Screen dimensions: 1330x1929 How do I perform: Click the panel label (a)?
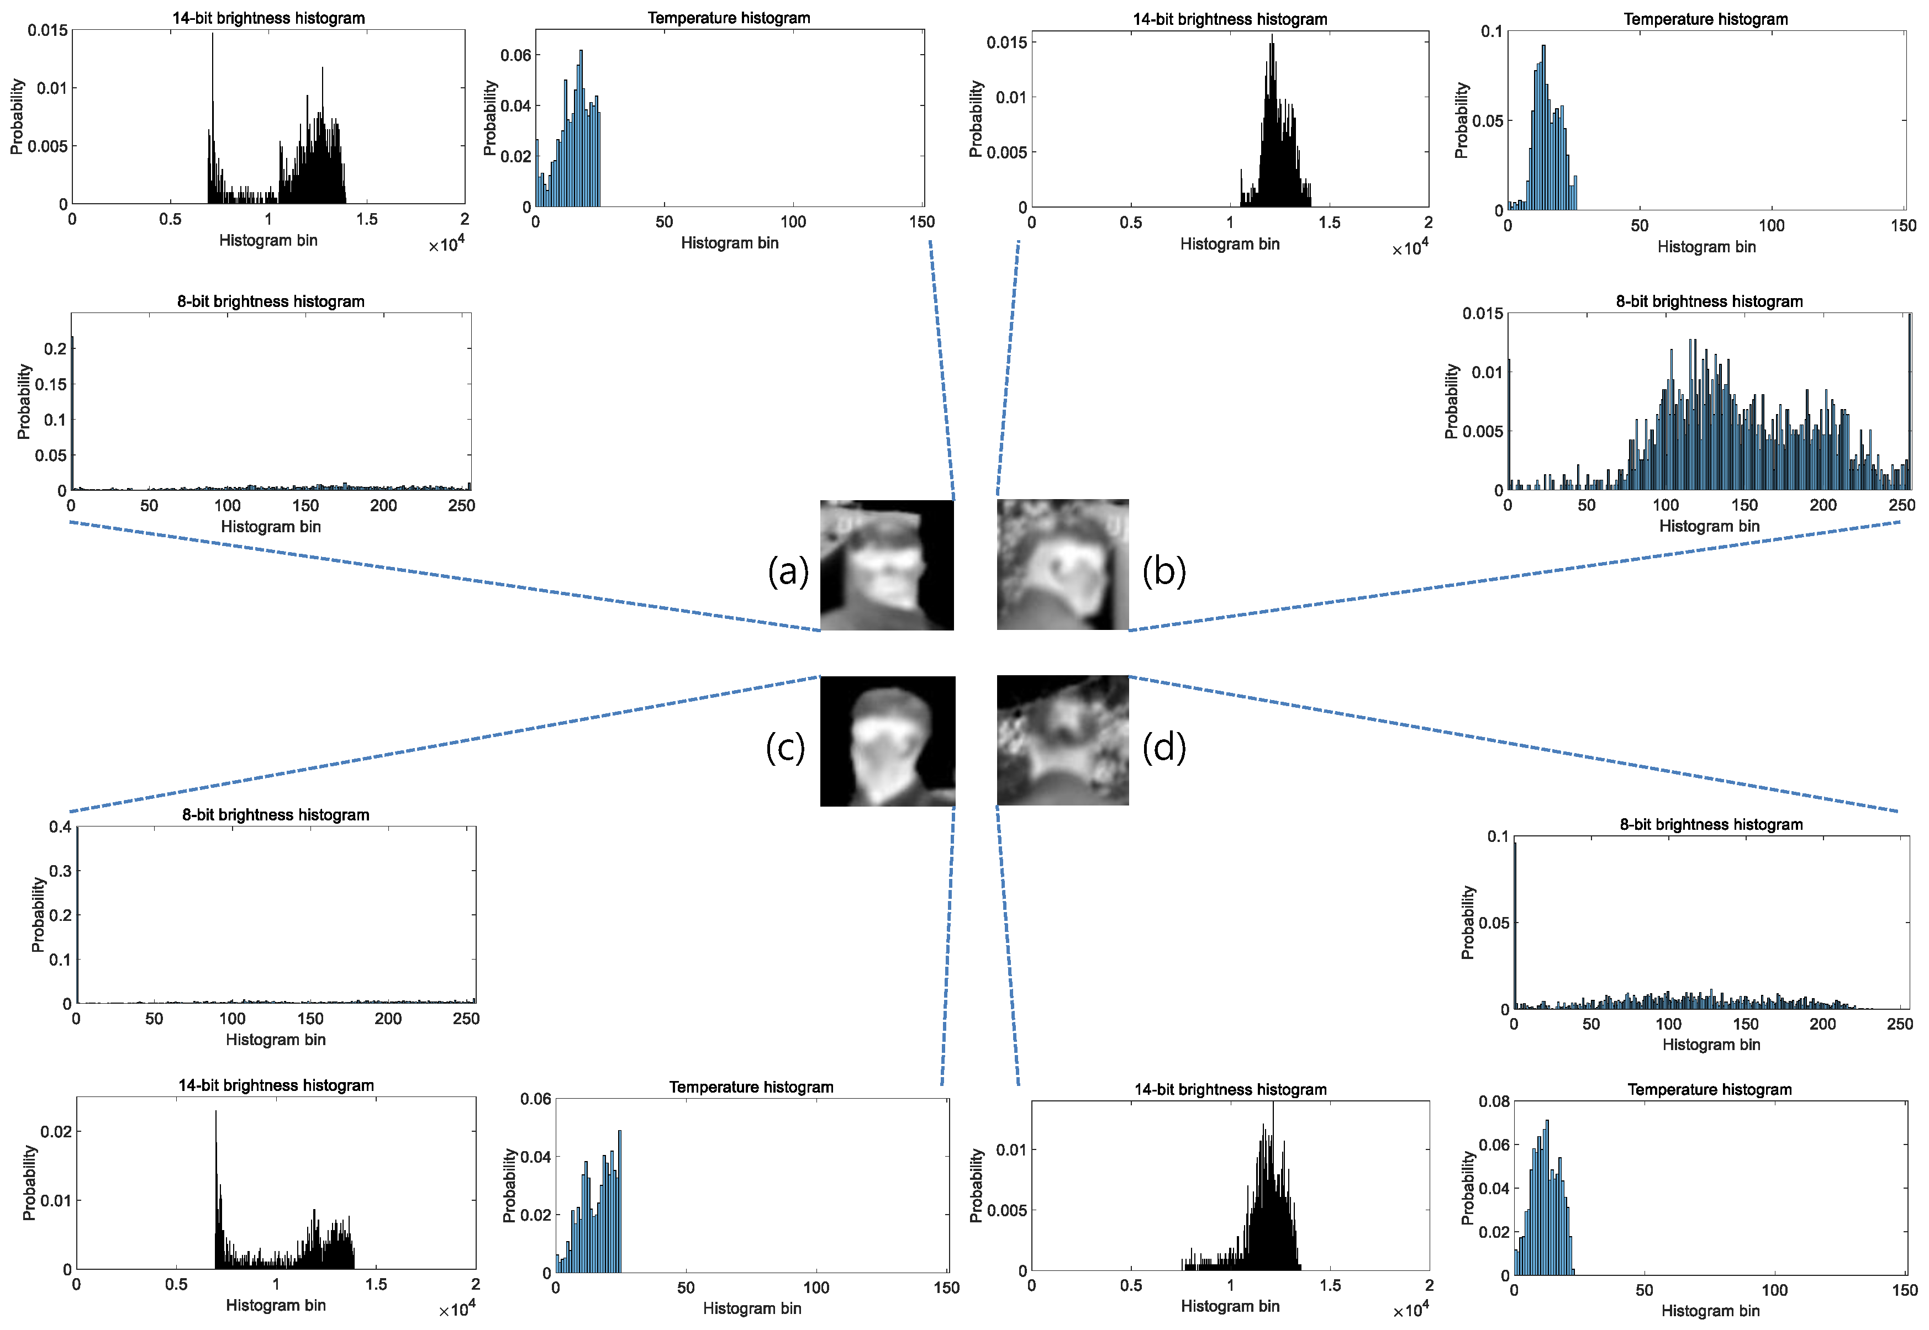coord(788,571)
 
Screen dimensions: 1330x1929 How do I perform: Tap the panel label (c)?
coord(786,748)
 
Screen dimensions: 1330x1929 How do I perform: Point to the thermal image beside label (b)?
coord(1062,565)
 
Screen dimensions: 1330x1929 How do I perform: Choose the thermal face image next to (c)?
coord(887,741)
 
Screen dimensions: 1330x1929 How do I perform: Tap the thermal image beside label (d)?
coord(1062,741)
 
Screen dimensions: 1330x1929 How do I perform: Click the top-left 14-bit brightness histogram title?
coord(268,18)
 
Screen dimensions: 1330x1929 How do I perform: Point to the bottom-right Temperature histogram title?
coord(1709,1089)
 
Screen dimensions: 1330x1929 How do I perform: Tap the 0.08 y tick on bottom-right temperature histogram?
coord(1493,1101)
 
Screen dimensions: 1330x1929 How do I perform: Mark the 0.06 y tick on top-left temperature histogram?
coord(515,55)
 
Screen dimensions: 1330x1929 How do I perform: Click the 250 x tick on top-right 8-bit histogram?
coord(1901,505)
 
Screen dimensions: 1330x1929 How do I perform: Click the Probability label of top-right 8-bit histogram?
coord(1451,401)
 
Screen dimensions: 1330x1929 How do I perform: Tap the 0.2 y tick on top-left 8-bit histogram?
coord(55,348)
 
